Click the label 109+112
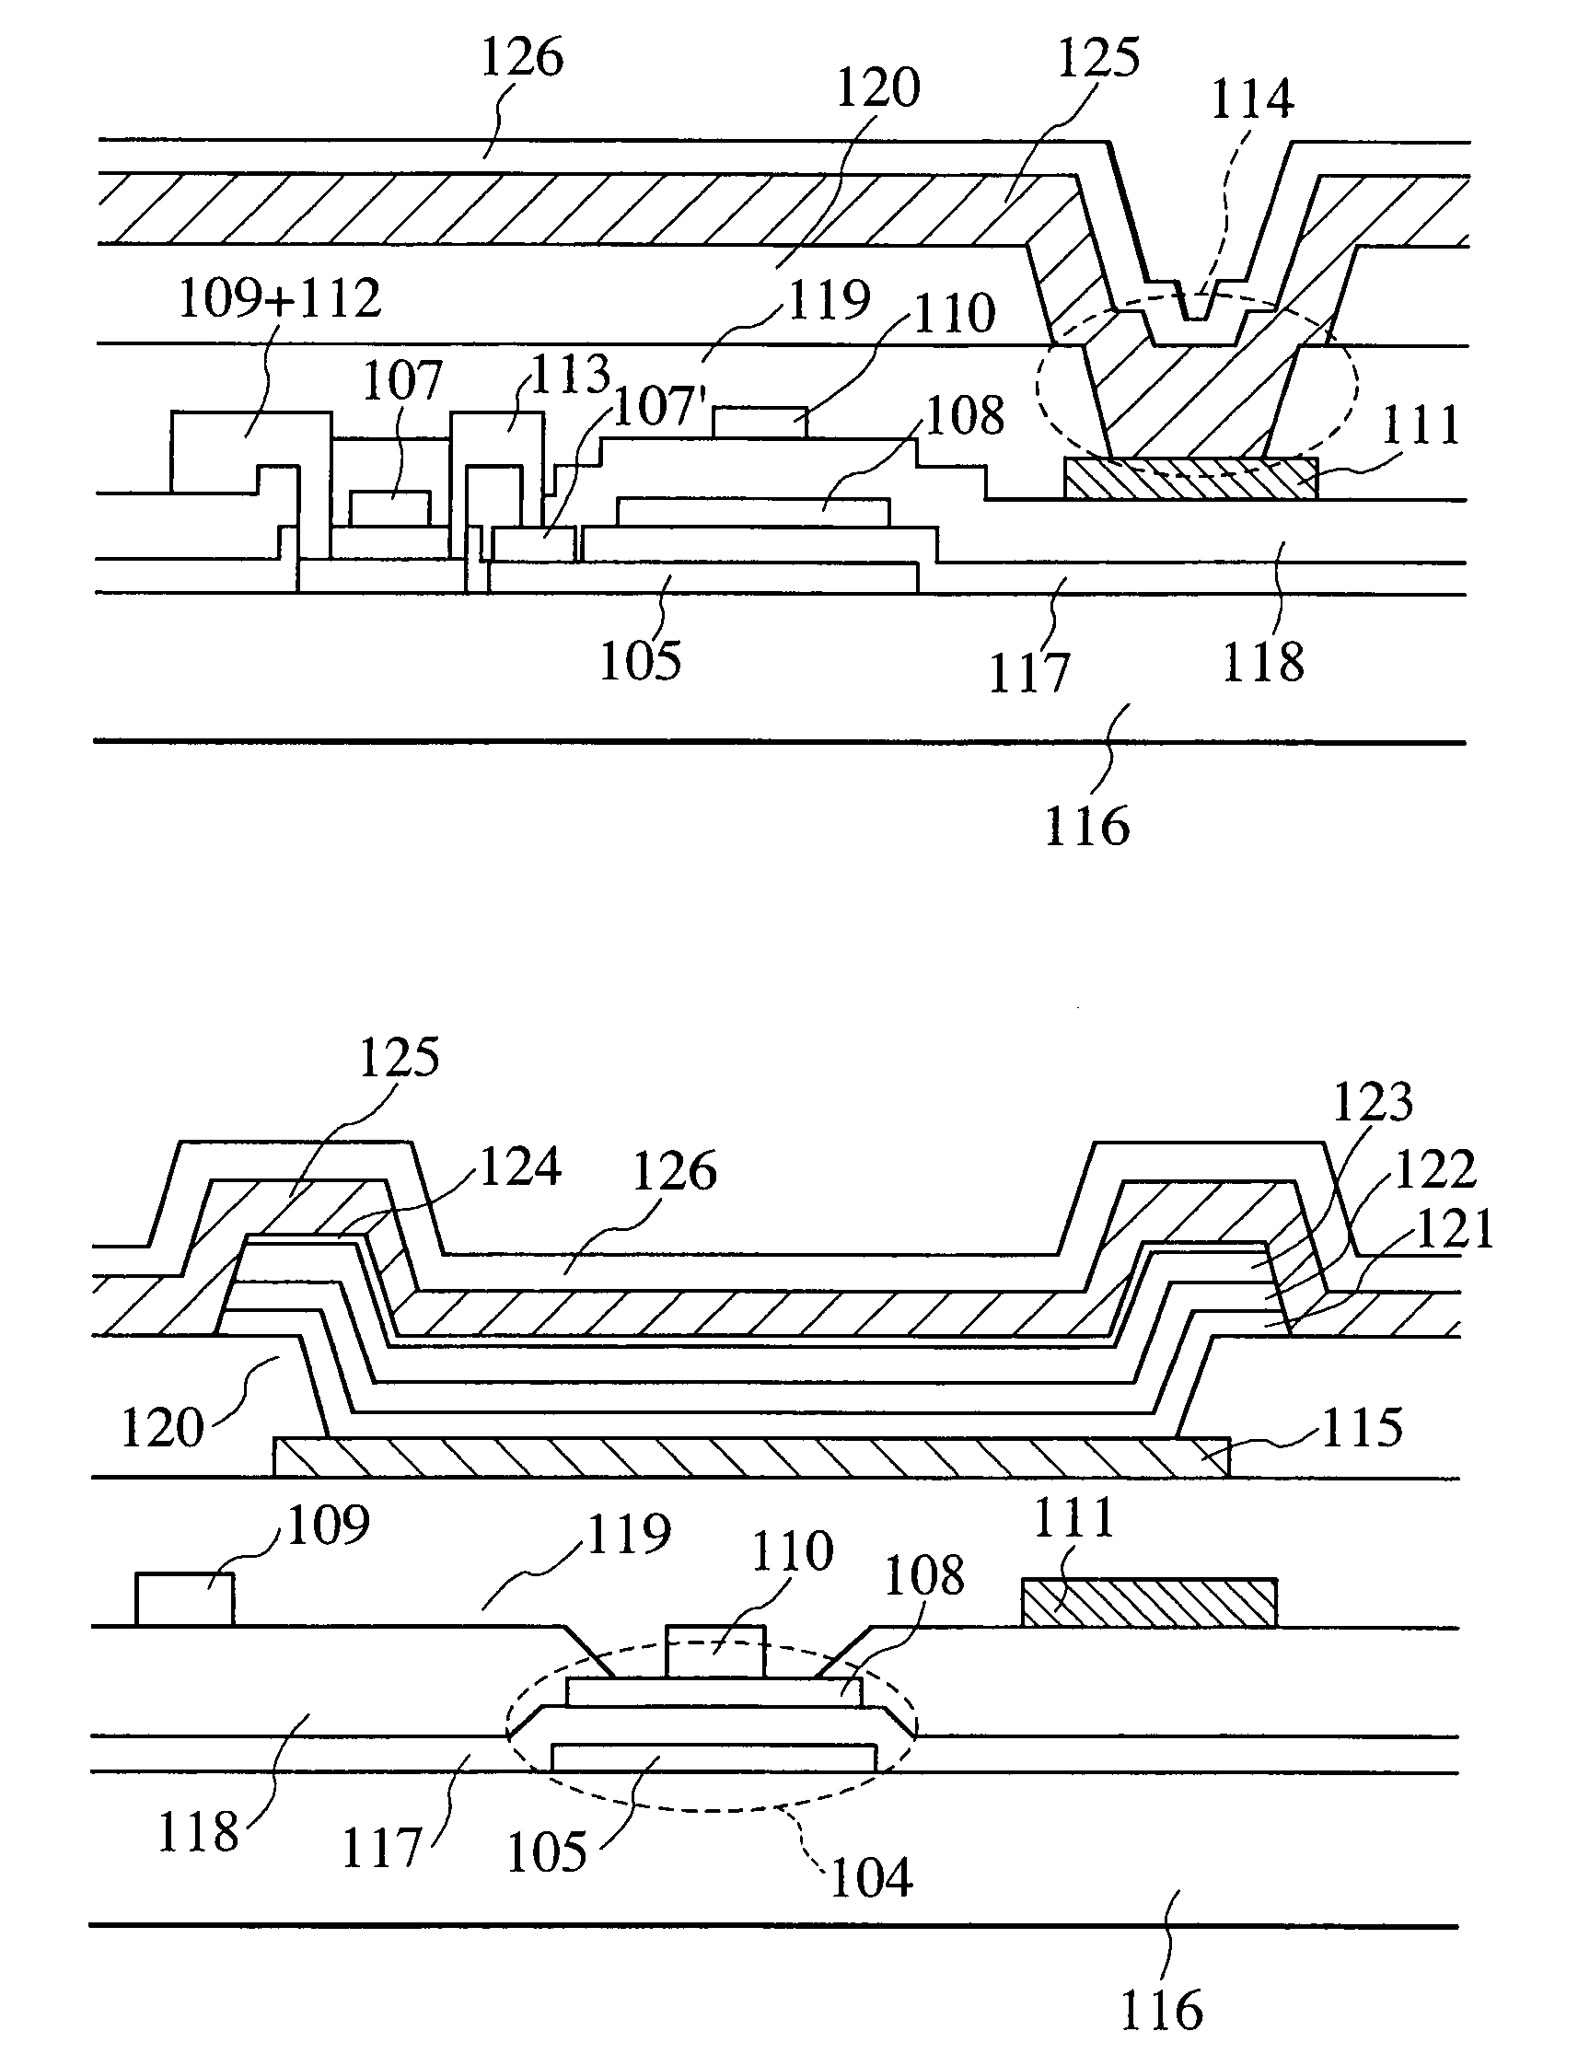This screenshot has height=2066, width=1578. pos(279,298)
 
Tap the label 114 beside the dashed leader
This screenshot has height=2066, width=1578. pos(1251,99)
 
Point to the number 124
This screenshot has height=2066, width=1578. pos(520,1167)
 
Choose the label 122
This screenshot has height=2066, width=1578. pos(1436,1169)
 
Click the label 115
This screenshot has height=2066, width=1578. pos(1362,1428)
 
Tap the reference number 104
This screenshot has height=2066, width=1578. pos(872,1878)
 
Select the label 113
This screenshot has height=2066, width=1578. pos(570,375)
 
